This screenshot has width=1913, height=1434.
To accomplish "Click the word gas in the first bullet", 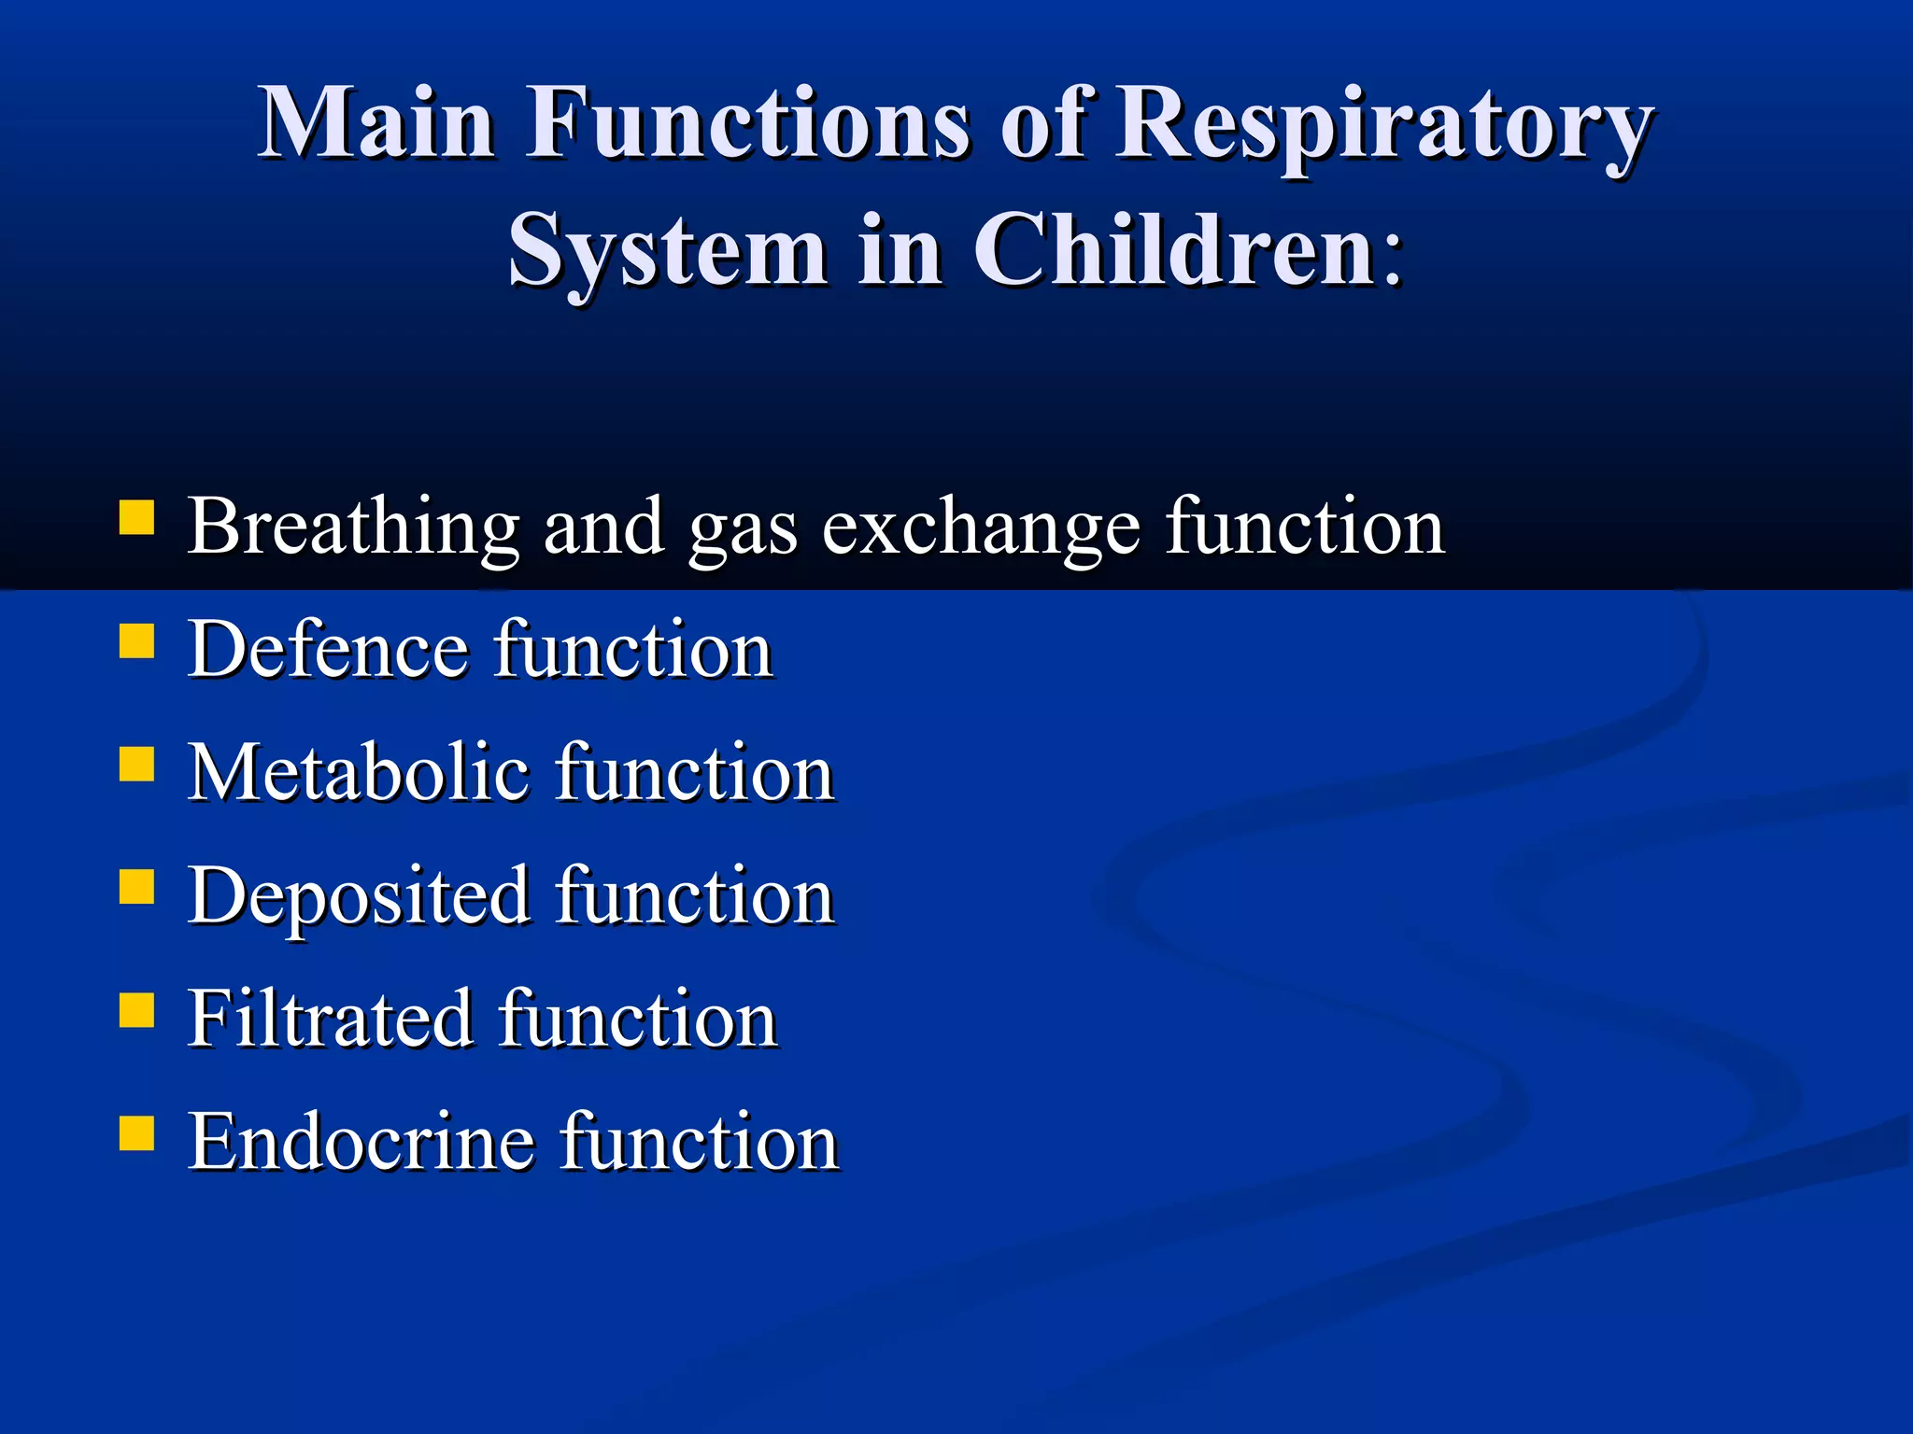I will [x=743, y=532].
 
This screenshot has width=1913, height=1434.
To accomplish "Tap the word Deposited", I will [x=359, y=896].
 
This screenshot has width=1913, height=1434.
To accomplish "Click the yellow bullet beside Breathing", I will [x=136, y=517].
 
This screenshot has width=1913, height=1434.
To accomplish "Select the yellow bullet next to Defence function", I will [x=136, y=641].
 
